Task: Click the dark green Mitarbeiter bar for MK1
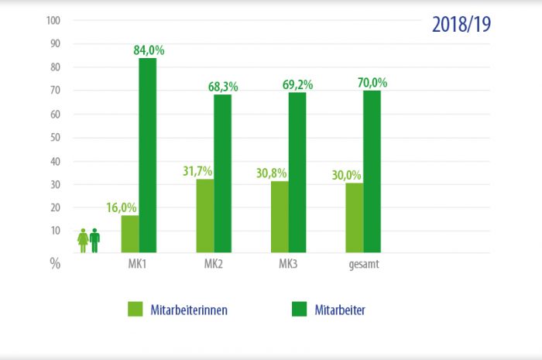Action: coord(147,155)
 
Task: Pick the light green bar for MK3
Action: coord(280,217)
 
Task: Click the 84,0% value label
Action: coord(149,51)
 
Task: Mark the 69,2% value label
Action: coord(297,85)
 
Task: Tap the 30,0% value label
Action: coord(346,175)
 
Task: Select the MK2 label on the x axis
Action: coord(214,266)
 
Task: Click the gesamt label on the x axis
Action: coord(363,266)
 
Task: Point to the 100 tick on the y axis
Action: coord(53,20)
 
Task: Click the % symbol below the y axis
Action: coord(55,263)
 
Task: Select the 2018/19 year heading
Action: coord(460,24)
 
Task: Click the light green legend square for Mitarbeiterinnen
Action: coord(136,310)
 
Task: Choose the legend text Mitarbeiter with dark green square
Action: coord(340,310)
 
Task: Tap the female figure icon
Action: coord(83,241)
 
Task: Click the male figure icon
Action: coord(94,240)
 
